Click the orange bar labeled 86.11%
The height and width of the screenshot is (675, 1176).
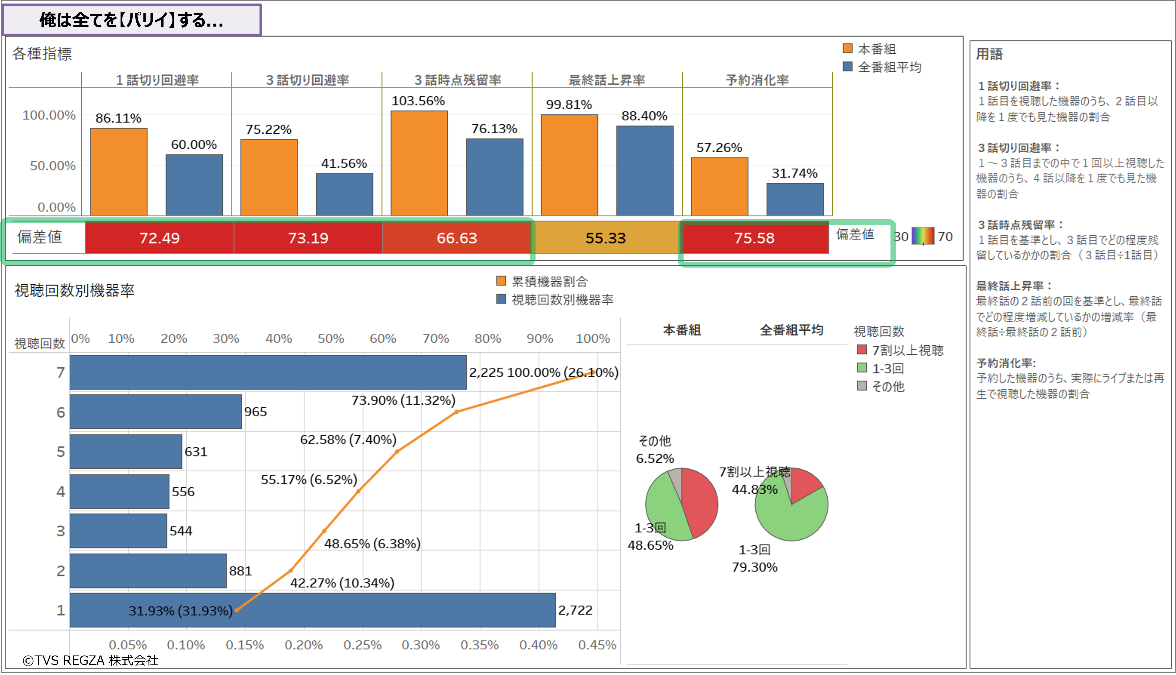point(119,172)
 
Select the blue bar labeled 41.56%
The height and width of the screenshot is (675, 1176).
point(345,194)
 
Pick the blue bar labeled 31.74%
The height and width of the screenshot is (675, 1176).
point(795,199)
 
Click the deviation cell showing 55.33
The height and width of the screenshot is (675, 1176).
point(605,238)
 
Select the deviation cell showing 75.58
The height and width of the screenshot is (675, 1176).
point(754,238)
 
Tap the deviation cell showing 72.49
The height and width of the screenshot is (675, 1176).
point(159,238)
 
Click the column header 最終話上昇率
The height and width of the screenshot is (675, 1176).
point(607,80)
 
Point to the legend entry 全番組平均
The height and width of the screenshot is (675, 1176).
point(889,67)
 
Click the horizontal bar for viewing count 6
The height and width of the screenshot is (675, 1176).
point(156,412)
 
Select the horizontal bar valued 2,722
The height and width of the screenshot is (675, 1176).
point(313,610)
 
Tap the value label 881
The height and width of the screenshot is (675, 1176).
point(240,571)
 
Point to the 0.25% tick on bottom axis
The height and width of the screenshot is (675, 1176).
point(362,645)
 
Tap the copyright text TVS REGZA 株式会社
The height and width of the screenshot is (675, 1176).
point(91,660)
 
